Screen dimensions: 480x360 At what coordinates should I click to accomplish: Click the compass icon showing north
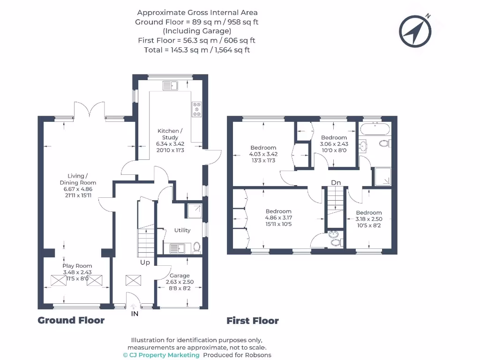click(415, 31)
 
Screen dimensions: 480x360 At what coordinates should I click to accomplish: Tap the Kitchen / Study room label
click(170, 134)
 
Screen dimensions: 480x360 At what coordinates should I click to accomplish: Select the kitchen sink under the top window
click(170, 85)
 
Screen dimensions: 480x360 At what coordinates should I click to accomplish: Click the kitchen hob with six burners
click(196, 109)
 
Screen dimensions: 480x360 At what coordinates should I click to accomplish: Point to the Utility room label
click(182, 230)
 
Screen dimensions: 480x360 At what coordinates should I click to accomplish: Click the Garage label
click(180, 276)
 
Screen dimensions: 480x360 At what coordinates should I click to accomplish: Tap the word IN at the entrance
click(135, 314)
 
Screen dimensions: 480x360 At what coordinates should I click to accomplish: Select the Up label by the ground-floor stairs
click(145, 262)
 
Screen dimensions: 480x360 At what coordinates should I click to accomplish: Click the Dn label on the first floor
click(336, 182)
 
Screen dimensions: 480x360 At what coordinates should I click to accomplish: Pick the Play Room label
click(77, 266)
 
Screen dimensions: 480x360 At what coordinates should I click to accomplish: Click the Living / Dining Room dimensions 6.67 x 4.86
click(78, 189)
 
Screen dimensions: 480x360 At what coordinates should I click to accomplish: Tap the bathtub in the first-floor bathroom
click(375, 129)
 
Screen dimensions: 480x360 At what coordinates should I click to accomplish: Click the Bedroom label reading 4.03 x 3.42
click(263, 154)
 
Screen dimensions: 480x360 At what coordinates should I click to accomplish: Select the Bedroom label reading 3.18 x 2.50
click(369, 219)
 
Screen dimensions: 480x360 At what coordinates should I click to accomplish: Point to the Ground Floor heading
click(71, 320)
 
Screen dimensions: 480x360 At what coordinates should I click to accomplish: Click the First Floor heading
click(253, 321)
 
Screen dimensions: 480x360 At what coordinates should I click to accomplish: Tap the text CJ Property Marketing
click(164, 355)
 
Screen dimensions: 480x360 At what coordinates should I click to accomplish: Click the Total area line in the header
click(197, 50)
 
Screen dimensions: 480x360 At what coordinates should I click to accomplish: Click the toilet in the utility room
click(197, 247)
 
